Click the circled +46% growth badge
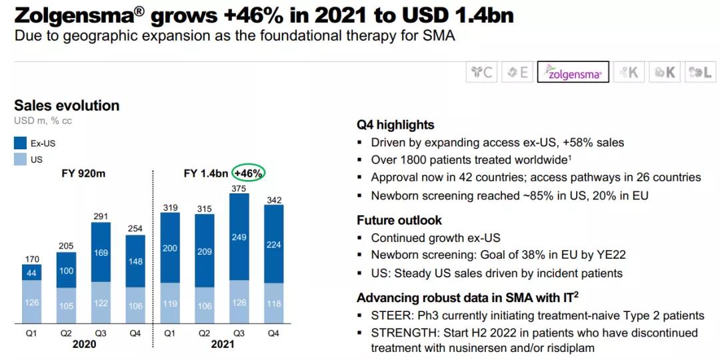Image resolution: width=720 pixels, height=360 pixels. [249, 173]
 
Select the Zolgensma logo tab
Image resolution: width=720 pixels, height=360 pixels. [573, 72]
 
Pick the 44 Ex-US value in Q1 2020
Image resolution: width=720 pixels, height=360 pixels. [32, 273]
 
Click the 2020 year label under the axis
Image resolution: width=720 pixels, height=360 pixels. [83, 344]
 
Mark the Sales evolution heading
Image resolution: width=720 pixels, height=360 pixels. [67, 105]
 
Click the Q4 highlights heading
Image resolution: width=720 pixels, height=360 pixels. [395, 125]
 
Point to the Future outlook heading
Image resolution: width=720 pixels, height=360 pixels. [399, 220]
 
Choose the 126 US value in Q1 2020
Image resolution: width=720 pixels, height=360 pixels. [32, 303]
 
